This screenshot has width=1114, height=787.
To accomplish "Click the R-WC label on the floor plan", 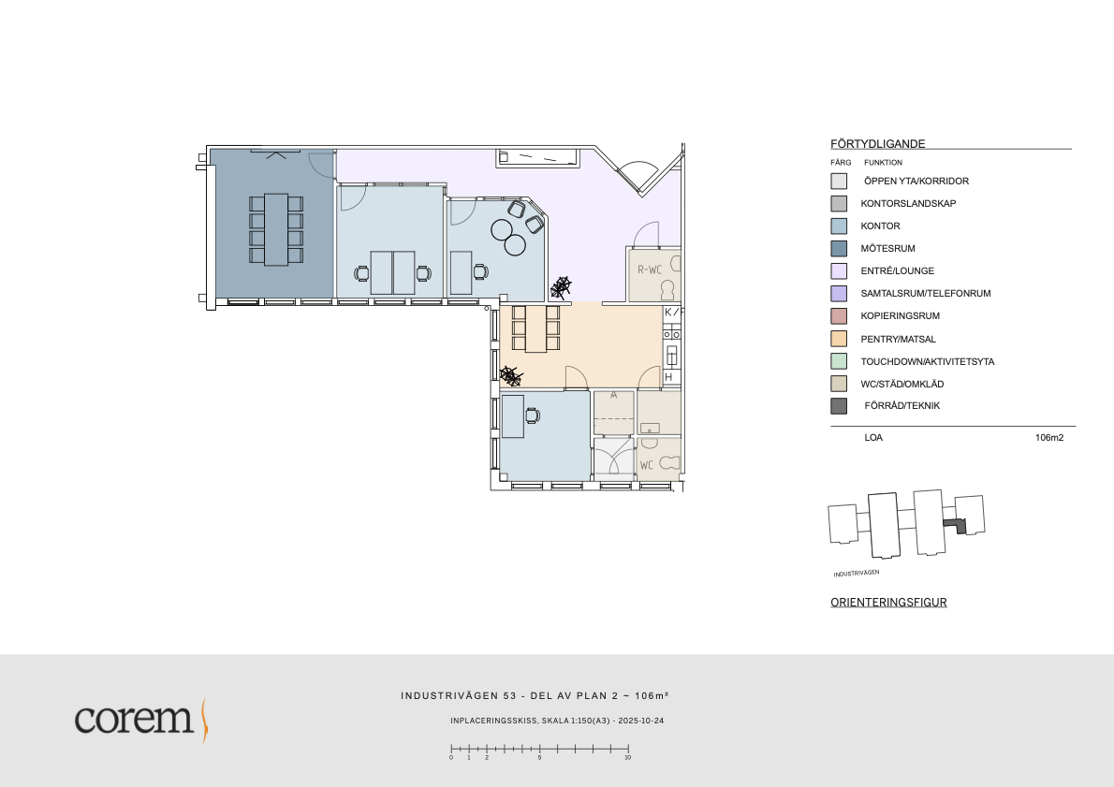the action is click(x=650, y=270).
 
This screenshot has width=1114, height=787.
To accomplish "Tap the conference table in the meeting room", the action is click(x=276, y=229).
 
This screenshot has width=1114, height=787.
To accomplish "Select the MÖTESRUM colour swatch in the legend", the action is click(x=839, y=249).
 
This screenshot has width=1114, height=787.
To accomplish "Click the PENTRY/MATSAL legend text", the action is click(x=898, y=340).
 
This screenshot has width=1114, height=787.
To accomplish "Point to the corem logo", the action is click(x=141, y=720).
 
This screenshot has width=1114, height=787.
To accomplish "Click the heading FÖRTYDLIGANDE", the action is click(x=878, y=143).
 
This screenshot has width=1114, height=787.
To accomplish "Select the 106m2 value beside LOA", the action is click(x=1049, y=438).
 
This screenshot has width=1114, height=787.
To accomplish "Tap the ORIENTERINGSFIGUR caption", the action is click(x=888, y=603).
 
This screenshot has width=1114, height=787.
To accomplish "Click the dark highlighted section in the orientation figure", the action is click(x=956, y=526).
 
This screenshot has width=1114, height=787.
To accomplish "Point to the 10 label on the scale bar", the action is click(x=628, y=758).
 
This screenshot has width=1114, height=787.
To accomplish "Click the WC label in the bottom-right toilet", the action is click(x=647, y=465).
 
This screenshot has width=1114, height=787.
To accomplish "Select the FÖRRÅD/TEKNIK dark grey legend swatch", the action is click(x=839, y=406).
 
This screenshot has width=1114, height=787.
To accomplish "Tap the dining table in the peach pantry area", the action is click(x=535, y=328).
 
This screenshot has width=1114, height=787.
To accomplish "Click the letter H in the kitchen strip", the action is click(x=668, y=377).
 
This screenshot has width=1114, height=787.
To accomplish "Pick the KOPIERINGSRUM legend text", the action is click(x=901, y=316).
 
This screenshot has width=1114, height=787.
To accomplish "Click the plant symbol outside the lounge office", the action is click(x=561, y=287).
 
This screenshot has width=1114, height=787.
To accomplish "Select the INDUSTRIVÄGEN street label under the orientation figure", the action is click(x=857, y=573).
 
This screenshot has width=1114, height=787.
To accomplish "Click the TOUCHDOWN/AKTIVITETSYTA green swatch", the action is click(x=839, y=361).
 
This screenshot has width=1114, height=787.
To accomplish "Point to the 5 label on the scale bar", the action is click(x=539, y=758).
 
